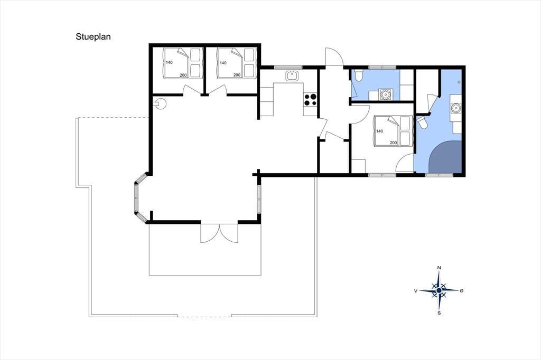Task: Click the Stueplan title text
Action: pyautogui.click(x=93, y=37)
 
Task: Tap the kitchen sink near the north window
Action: pyautogui.click(x=292, y=75)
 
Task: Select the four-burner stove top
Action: pyautogui.click(x=310, y=100)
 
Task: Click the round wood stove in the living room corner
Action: pyautogui.click(x=160, y=103)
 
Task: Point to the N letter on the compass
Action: pyautogui.click(x=439, y=268)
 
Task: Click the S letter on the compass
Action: pyautogui.click(x=439, y=313)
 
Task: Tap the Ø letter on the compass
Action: pyautogui.click(x=461, y=291)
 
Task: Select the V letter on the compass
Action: pyautogui.click(x=416, y=291)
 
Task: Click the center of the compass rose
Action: pyautogui.click(x=439, y=291)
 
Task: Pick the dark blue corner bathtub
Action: pyautogui.click(x=446, y=157)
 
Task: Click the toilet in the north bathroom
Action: pyautogui.click(x=358, y=75)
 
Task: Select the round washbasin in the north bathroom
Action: pyautogui.click(x=384, y=94)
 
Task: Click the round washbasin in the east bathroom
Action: pyautogui.click(x=456, y=108)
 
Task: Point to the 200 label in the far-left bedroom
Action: pyautogui.click(x=183, y=75)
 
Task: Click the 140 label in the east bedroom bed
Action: pyautogui.click(x=379, y=131)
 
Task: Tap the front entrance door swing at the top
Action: pyautogui.click(x=334, y=56)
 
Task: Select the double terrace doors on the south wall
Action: pyautogui.click(x=219, y=233)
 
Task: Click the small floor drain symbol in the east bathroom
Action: pyautogui.click(x=459, y=82)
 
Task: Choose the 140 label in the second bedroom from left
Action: pyautogui.click(x=223, y=63)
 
